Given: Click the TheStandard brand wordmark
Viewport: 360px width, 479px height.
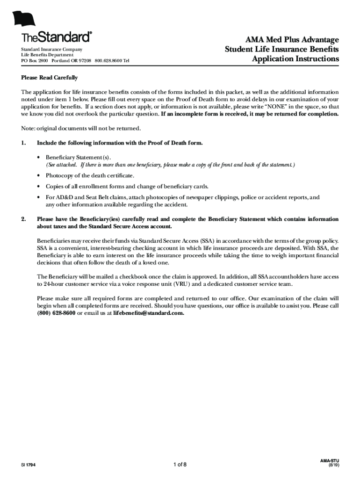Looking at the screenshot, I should click(57, 37).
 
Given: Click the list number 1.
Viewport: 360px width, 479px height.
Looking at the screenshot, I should click(23, 143).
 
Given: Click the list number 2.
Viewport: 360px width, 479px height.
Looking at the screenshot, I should click(23, 219).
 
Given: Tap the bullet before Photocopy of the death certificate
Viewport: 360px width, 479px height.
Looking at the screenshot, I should click(38, 176).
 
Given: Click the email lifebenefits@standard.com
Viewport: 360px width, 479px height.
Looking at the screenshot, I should click(149, 313).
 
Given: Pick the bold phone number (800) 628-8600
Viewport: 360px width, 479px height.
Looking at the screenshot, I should click(56, 313).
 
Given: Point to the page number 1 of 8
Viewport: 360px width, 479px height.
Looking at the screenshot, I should click(180, 464).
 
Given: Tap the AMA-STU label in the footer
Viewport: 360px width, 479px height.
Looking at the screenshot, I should click(330, 461).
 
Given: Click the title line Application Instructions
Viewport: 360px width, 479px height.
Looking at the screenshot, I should click(295, 59).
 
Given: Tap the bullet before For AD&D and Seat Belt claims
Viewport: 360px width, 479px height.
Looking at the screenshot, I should click(38, 197).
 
